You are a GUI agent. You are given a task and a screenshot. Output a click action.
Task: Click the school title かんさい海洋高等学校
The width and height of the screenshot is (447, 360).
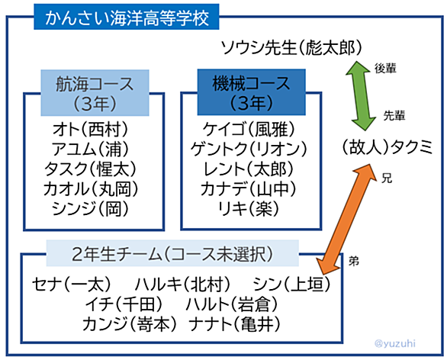[x=127, y=17]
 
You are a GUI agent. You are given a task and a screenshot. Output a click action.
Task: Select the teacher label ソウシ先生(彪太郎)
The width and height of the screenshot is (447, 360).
[x=291, y=47]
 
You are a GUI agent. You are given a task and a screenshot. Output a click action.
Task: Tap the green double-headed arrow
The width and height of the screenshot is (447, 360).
[x=361, y=96]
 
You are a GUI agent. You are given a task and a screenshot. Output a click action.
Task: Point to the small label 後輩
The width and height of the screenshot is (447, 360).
[x=386, y=69]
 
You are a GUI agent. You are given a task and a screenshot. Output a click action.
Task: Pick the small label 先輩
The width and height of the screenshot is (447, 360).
[x=394, y=116]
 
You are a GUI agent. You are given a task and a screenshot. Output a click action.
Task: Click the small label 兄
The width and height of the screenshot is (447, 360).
[x=387, y=178]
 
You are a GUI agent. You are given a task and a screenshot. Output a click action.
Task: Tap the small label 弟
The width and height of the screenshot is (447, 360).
[x=354, y=261]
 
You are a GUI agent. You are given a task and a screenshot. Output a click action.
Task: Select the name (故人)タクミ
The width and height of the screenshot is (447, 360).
[x=388, y=148]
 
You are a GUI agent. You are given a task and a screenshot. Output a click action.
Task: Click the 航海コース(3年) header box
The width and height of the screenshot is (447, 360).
[x=95, y=93]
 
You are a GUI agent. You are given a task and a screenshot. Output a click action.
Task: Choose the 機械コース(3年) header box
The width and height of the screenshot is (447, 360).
[x=252, y=92]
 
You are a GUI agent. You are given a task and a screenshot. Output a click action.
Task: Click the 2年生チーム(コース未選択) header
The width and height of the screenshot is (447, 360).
[x=172, y=253]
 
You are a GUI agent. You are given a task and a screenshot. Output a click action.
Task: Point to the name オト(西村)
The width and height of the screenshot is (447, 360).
[x=90, y=130]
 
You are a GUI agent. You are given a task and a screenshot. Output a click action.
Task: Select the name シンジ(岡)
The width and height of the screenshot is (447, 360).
[x=90, y=208]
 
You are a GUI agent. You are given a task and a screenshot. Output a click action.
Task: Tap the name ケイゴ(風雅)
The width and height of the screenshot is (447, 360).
[x=249, y=130]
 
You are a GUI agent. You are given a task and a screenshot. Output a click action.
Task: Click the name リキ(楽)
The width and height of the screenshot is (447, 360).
[x=249, y=208]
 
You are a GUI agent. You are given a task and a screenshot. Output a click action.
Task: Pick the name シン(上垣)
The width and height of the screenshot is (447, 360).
[x=291, y=284]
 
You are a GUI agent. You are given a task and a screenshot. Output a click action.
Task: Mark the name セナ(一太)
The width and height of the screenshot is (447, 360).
[x=71, y=284]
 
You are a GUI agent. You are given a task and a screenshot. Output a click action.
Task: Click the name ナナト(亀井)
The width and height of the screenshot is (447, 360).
[x=234, y=324]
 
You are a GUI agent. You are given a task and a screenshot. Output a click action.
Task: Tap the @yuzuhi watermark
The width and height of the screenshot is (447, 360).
[x=395, y=343]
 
